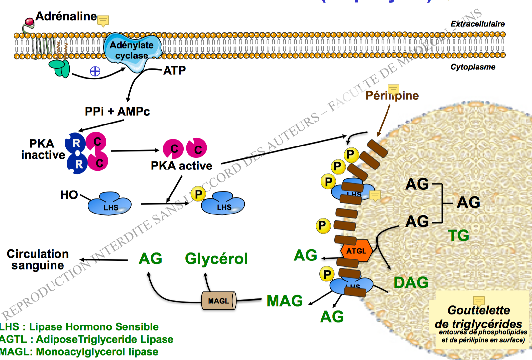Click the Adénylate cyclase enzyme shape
pyautogui.click(x=132, y=51)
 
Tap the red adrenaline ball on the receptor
pyautogui.click(x=30, y=22)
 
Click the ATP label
pyautogui.click(x=174, y=70)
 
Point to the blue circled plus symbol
pyautogui.click(x=95, y=71)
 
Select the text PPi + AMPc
pyautogui.click(x=117, y=112)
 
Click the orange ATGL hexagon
pyautogui.click(x=356, y=251)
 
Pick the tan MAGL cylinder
pyautogui.click(x=219, y=301)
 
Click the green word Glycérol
pyautogui.click(x=216, y=259)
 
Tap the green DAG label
pyautogui.click(x=411, y=282)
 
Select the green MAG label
pyautogui.click(x=285, y=301)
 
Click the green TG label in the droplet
pyautogui.click(x=458, y=236)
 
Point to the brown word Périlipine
pyautogui.click(x=392, y=95)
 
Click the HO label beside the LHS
pyautogui.click(x=69, y=195)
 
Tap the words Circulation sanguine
pyautogui.click(x=38, y=259)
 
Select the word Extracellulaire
pyautogui.click(x=477, y=24)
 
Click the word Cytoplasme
pyautogui.click(x=473, y=67)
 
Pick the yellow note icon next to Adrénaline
pyautogui.click(x=103, y=21)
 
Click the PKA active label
pyautogui.click(x=181, y=166)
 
